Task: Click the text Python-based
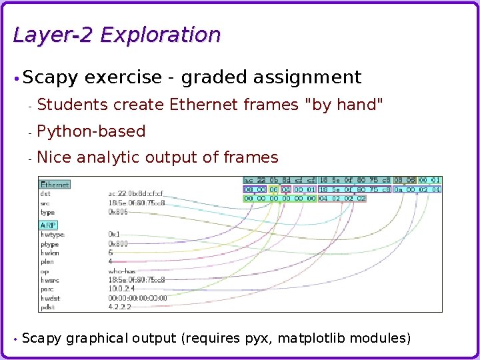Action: [91, 131]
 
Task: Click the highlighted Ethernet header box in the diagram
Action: [55, 185]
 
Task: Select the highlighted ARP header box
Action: [49, 225]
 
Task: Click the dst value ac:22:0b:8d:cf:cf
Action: [136, 194]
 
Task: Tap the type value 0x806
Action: [118, 212]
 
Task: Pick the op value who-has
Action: [122, 271]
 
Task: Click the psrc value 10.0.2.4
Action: [121, 289]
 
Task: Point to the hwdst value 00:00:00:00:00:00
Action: [137, 298]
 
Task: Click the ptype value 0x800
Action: [118, 244]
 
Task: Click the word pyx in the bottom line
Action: [257, 339]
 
